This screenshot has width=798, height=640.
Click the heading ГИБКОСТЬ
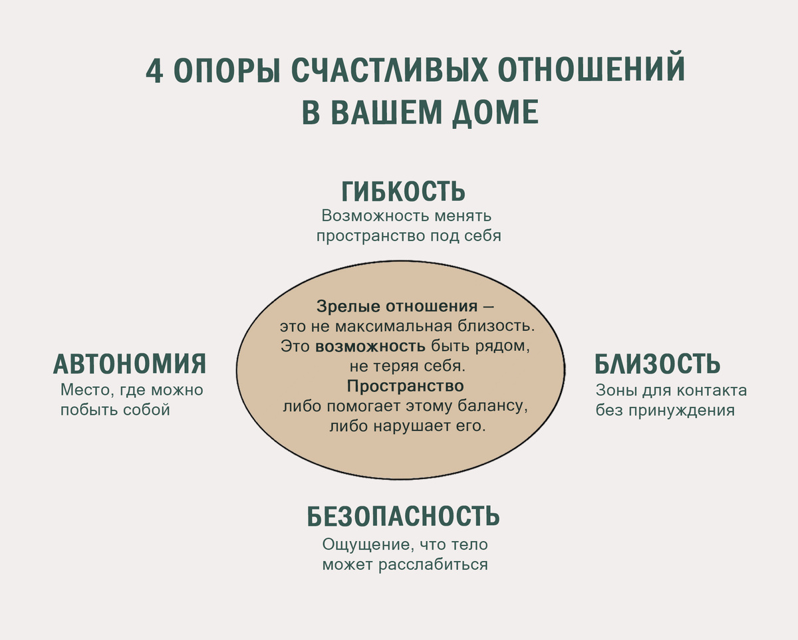coord(403,192)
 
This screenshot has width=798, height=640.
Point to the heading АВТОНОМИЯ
coord(130,364)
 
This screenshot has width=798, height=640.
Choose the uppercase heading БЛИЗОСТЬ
coord(657,364)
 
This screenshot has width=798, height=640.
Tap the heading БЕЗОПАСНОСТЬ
coord(403,516)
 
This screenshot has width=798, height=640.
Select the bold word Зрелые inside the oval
coord(342,306)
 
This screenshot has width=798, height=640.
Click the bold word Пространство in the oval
coord(405,386)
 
